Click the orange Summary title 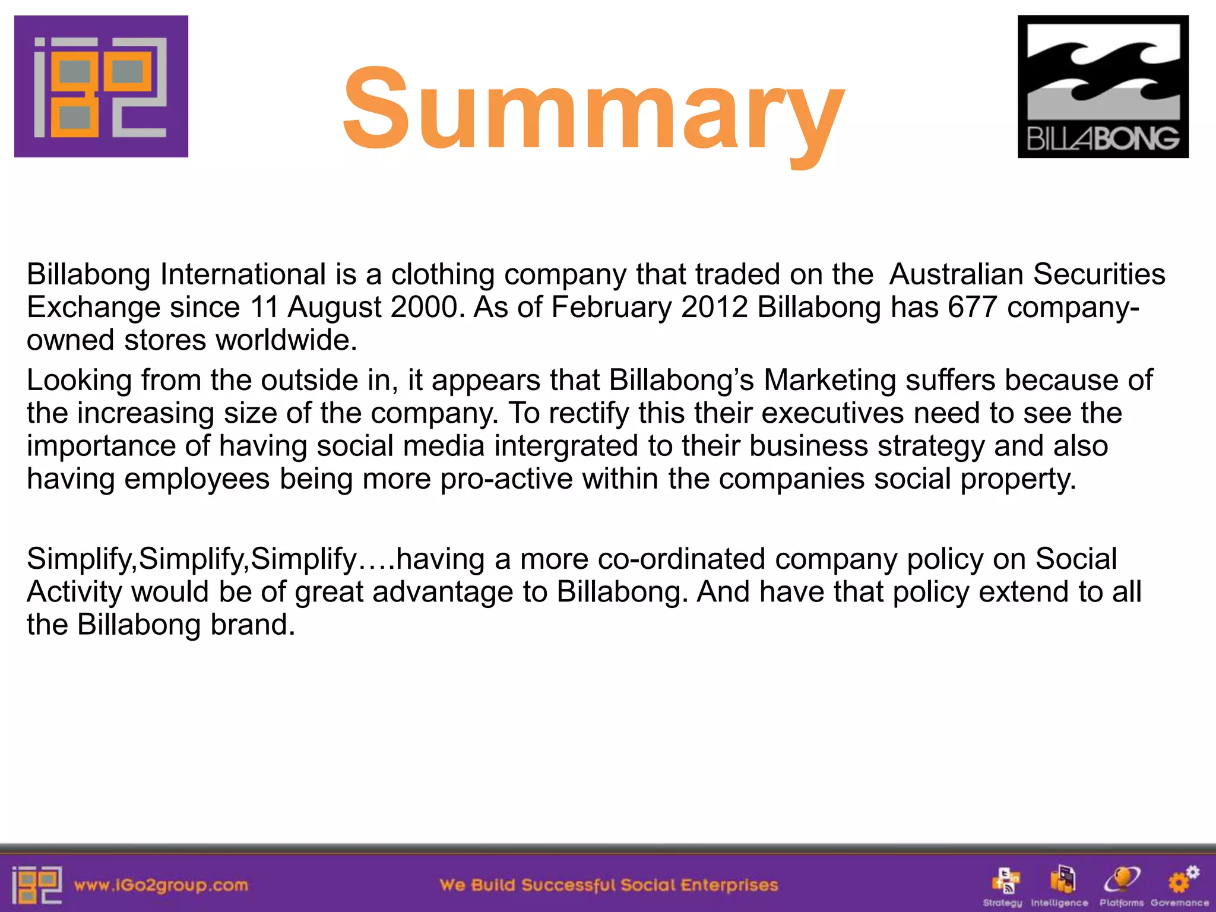[594, 110]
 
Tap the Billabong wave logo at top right [1103, 86]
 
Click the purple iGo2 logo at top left [101, 86]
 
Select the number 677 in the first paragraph [972, 307]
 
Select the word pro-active [506, 479]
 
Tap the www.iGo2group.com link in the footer [160, 885]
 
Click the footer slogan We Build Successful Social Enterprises [609, 885]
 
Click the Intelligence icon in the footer [1061, 881]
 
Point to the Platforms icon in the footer [1121, 881]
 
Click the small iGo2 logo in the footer [36, 885]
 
